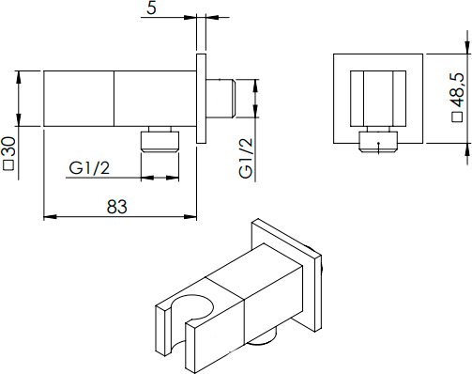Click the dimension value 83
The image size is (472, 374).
click(x=117, y=207)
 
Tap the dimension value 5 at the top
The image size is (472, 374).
click(x=151, y=8)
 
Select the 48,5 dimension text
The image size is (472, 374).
click(x=457, y=90)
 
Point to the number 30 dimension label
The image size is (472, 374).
click(x=8, y=147)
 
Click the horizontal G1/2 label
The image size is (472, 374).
click(x=89, y=168)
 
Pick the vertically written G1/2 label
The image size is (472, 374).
click(x=246, y=158)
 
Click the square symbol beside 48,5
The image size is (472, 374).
click(x=458, y=117)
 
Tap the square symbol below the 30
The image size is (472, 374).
click(x=8, y=165)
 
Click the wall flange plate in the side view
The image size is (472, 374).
click(x=201, y=99)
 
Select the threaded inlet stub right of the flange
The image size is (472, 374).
click(x=221, y=99)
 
